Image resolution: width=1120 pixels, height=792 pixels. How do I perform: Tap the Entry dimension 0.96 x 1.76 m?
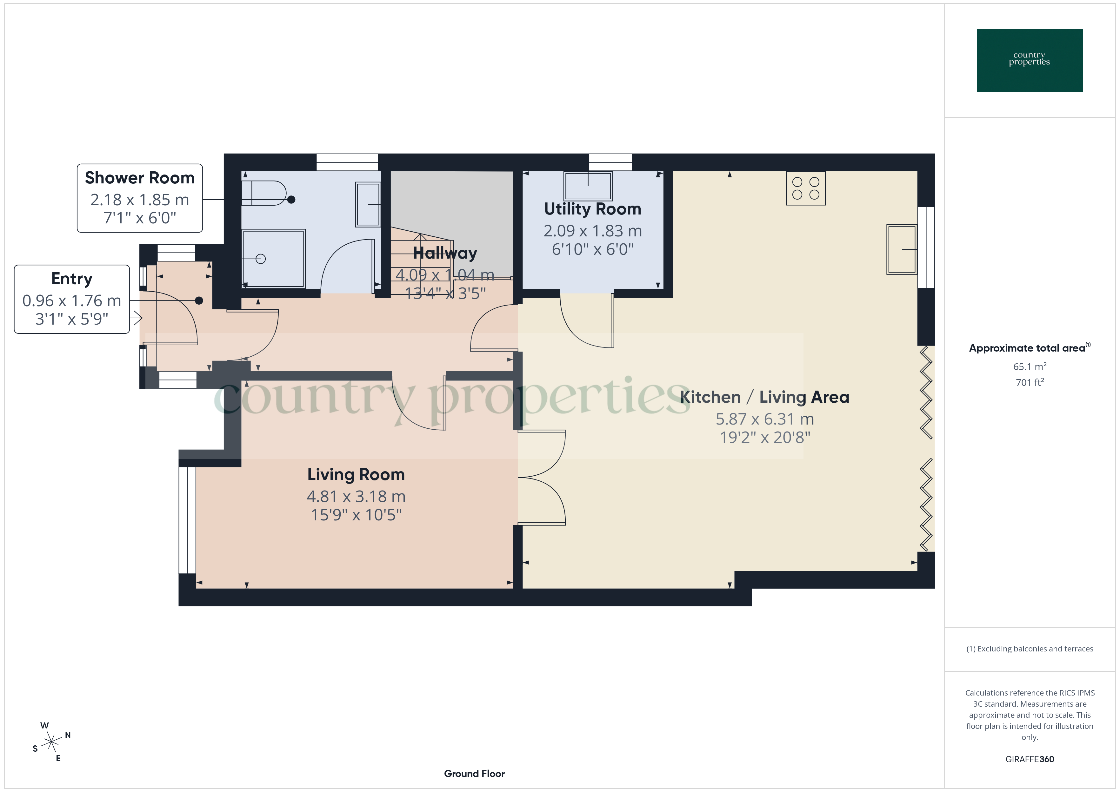[x=72, y=301]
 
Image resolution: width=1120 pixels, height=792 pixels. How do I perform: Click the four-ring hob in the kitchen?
[x=805, y=188]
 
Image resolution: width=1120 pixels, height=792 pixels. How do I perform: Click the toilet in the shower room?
[x=266, y=193]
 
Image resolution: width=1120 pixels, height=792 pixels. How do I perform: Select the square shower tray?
[x=274, y=259]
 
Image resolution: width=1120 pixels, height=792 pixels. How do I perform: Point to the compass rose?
[x=51, y=742]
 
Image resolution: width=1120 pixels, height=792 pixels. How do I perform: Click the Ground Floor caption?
[x=474, y=774]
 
